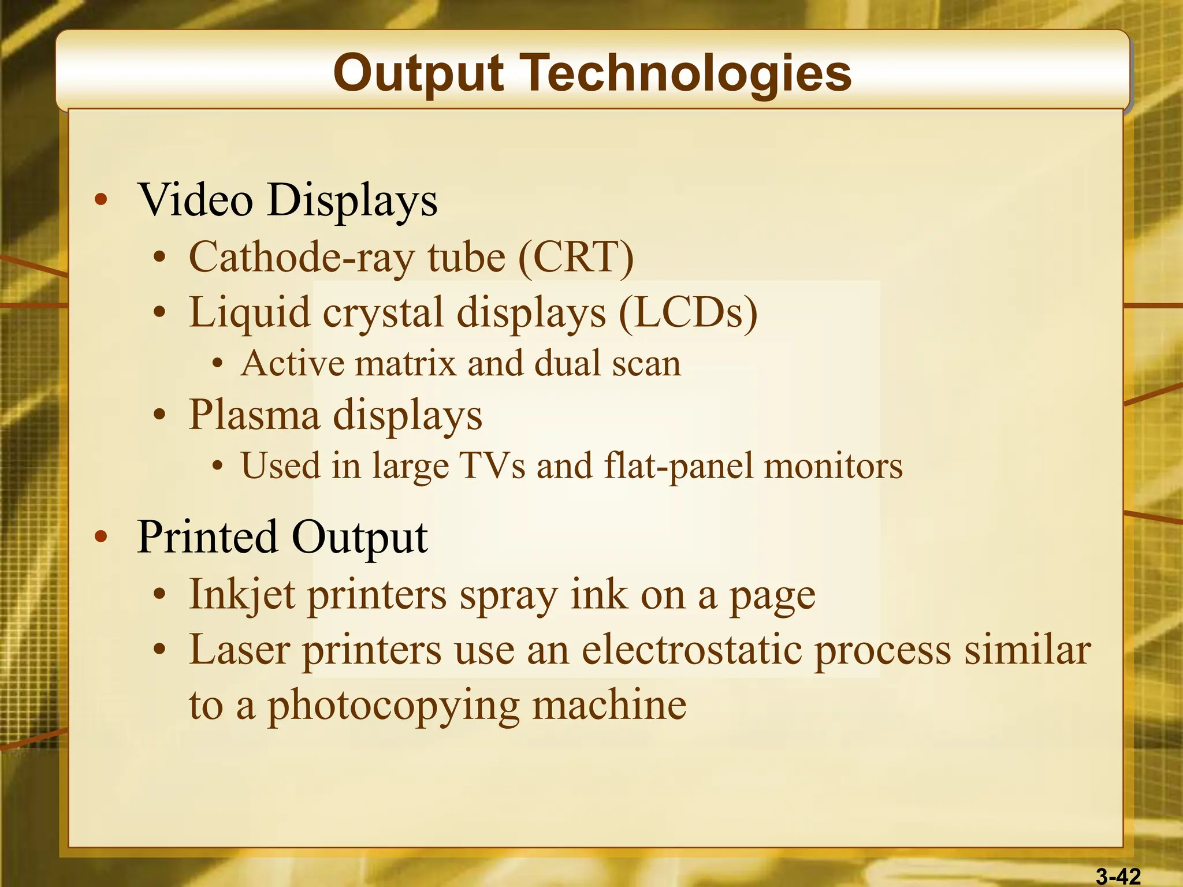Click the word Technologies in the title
point(687,73)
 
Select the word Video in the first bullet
point(196,200)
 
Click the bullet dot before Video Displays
point(101,200)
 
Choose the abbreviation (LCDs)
point(687,312)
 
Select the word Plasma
point(254,415)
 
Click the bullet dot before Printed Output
point(101,537)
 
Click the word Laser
point(240,650)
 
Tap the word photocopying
point(393,706)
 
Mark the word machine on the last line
point(609,705)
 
